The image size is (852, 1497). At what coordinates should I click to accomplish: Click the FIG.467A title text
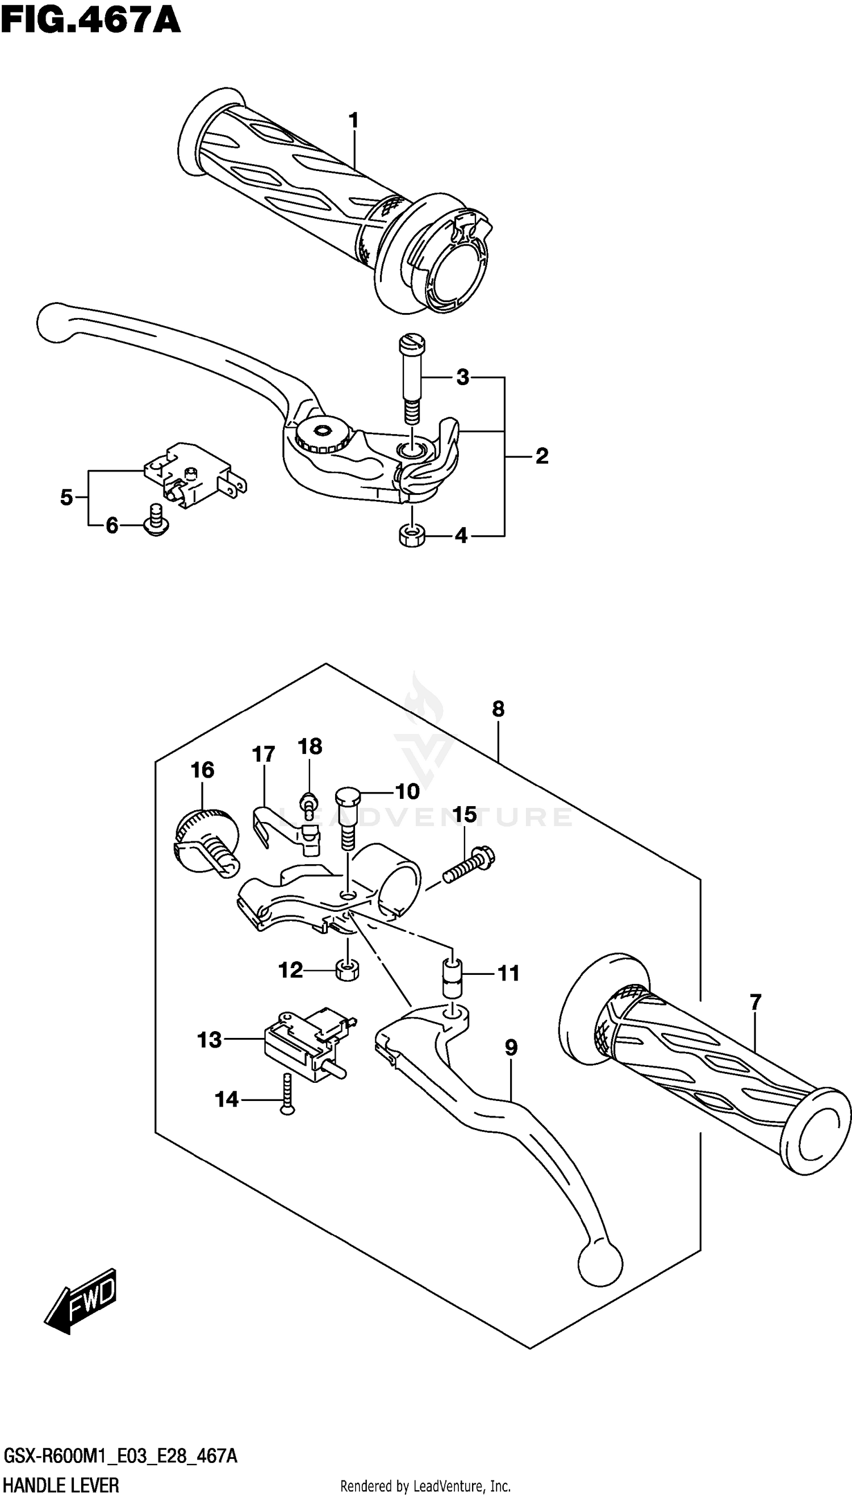point(90,22)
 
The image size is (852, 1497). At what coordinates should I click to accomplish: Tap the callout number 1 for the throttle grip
point(353,121)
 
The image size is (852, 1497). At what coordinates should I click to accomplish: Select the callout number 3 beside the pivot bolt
point(462,377)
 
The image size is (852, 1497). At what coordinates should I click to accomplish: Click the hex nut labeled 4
point(411,536)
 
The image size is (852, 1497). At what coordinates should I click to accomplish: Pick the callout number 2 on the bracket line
point(542,456)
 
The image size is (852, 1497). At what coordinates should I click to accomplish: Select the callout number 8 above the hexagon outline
point(498,709)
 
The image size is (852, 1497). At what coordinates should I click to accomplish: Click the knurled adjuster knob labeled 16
point(205,839)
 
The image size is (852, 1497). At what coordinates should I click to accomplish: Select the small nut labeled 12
point(347,970)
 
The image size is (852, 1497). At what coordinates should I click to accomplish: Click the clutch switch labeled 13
point(304,1043)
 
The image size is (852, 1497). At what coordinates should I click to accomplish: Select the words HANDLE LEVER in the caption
point(61,1485)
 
